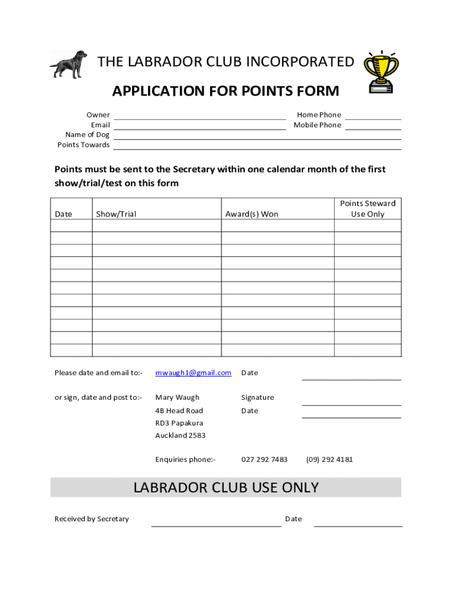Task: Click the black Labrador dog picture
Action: pos(68,63)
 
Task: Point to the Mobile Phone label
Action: pos(317,125)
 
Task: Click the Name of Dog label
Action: pos(87,135)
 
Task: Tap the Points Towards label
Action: pos(83,145)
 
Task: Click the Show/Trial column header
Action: pos(116,214)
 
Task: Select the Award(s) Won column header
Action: pos(252,214)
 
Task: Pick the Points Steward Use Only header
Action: pos(367,208)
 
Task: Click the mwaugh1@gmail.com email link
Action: pos(193,373)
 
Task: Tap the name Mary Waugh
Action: pos(177,397)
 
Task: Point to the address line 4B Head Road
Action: pos(179,411)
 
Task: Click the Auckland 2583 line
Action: pos(180,435)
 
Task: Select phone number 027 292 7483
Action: pos(264,460)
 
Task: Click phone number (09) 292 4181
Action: pos(329,460)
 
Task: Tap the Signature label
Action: pos(257,397)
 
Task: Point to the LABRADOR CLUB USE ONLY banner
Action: pos(226,488)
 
